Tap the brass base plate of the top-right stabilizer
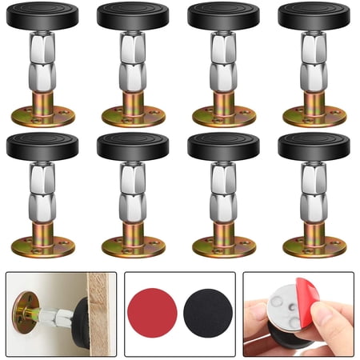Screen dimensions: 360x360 [x=314, y=114]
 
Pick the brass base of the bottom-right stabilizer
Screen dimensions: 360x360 [x=314, y=246]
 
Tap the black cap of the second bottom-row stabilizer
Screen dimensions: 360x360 [x=133, y=146]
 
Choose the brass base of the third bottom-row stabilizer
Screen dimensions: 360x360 [x=223, y=246]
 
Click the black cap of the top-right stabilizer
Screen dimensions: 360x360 [x=314, y=15]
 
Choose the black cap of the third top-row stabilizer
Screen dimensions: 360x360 [x=223, y=15]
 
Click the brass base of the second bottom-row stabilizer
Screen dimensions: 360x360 [x=133, y=246]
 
